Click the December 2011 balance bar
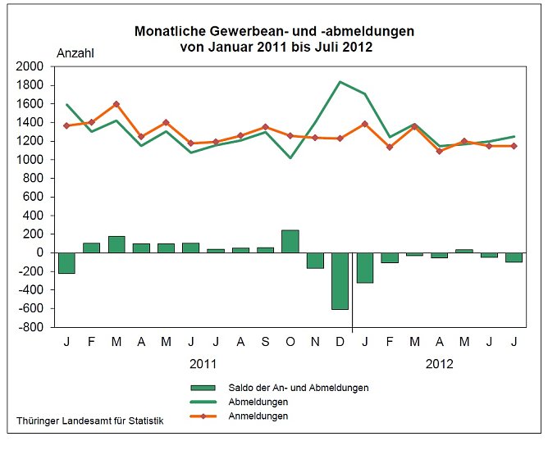[339, 280]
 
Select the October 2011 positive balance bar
[290, 241]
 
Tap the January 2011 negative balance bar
[66, 262]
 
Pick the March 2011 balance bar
[116, 244]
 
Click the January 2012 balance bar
[363, 267]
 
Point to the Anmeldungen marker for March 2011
[116, 104]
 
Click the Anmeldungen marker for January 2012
[363, 124]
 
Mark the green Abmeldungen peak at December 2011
[339, 82]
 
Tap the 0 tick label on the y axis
[39, 252]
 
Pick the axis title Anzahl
[75, 53]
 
